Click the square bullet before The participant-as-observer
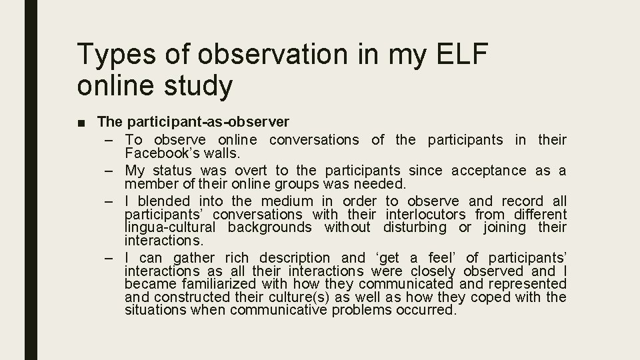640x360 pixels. pyautogui.click(x=84, y=123)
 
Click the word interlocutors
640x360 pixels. pyautogui.click(x=425, y=214)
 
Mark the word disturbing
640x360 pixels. pyautogui.click(x=415, y=227)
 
